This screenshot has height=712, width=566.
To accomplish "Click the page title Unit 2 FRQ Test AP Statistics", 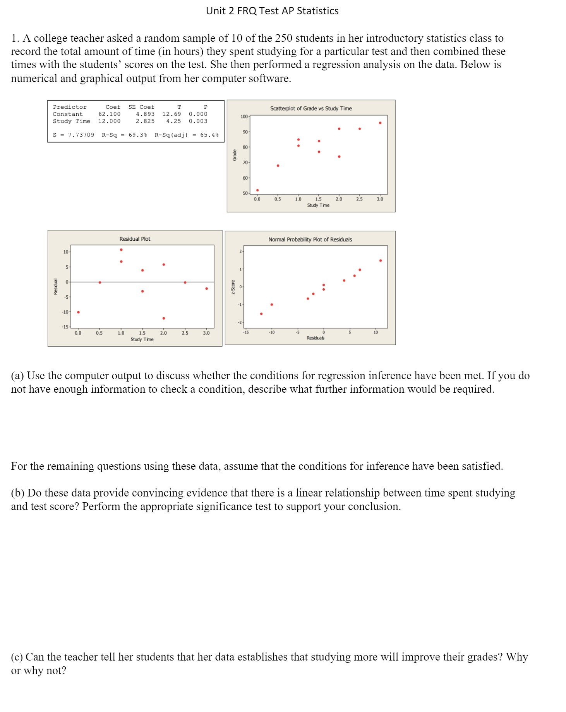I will (x=272, y=11).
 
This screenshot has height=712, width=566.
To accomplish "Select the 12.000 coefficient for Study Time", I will (x=109, y=121).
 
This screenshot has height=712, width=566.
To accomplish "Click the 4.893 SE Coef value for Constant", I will (x=145, y=114).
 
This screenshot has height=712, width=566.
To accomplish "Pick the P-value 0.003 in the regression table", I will (x=198, y=121).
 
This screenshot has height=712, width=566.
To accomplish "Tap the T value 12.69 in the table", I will (x=171, y=114).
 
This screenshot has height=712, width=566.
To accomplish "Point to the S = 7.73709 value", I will (x=74, y=135).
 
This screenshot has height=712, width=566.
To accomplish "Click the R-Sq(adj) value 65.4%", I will (x=209, y=135).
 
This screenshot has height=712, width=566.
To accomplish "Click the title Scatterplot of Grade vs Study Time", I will (x=311, y=108).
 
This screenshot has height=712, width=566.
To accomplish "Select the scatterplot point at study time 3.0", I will (x=380, y=123).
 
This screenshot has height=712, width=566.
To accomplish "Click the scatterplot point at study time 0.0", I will (x=257, y=190).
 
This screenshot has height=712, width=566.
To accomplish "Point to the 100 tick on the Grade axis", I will (x=244, y=116).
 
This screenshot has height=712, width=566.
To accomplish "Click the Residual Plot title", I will (x=135, y=239).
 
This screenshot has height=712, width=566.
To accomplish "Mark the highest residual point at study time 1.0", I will (x=121, y=250).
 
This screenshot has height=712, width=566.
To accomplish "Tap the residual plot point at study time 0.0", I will (x=78, y=312).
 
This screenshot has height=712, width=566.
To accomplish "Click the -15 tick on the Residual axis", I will (x=65, y=327).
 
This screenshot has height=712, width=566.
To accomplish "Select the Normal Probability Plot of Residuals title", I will (x=310, y=240).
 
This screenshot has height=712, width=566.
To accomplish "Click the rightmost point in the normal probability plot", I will (x=380, y=260).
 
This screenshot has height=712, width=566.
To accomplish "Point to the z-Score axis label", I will (x=233, y=287).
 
